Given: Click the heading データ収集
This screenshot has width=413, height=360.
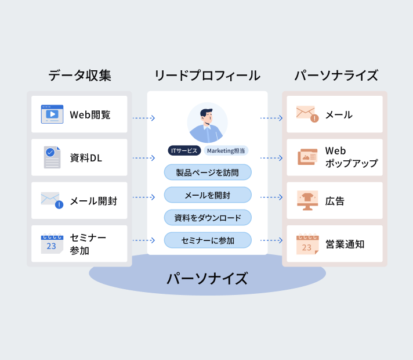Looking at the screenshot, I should point(79,75).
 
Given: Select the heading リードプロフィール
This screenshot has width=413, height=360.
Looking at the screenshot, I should point(207,75).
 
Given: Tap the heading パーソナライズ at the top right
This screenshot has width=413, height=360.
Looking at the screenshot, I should point(336,75).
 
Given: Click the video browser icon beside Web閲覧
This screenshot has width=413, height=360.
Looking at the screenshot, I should point(52,114).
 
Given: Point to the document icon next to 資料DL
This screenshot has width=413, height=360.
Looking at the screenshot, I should point(52,157).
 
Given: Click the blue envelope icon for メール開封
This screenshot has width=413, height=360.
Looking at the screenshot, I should point(52,200).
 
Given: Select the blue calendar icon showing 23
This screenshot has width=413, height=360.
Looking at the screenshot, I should point(52,244).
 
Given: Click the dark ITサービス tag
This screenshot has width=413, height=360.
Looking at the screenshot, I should point(184,150).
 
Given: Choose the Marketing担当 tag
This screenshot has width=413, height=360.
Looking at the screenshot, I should point(226,150).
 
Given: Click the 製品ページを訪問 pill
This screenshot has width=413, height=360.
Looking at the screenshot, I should point(208,172).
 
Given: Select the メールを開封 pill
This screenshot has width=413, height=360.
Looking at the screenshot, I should point(208,195).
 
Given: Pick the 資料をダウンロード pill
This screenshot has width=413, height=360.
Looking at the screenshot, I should point(208,218).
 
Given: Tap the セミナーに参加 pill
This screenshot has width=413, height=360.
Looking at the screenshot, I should point(208,240).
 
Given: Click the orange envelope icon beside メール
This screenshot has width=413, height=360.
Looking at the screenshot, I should point(306,114).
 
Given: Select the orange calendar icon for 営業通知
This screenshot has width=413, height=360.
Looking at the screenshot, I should point(307,244).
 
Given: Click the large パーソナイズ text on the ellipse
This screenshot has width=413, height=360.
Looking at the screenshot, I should point(207,278).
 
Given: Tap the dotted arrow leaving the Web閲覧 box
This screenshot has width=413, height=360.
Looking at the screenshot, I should point(143,118).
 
